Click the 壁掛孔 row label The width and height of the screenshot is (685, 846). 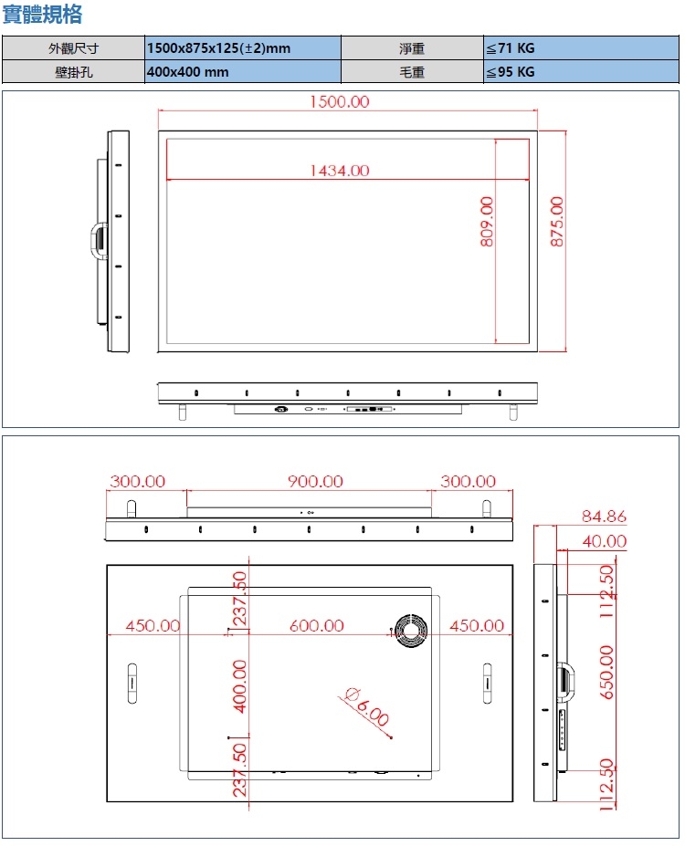click(x=73, y=72)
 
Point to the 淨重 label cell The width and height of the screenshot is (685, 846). click(x=412, y=48)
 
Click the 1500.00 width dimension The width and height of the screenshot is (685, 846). click(x=339, y=101)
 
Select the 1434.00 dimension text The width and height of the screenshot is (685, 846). click(x=339, y=170)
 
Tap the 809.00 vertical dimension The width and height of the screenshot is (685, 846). click(x=486, y=221)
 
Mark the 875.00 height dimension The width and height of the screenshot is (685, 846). click(x=557, y=221)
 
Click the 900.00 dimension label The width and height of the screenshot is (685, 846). click(x=315, y=481)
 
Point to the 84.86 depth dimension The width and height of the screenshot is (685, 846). click(x=605, y=517)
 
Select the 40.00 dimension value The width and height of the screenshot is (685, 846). click(x=605, y=541)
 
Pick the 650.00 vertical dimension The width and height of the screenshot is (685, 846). click(x=606, y=672)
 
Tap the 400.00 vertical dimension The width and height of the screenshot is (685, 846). click(x=240, y=685)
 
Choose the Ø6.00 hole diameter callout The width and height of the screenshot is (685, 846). click(x=367, y=705)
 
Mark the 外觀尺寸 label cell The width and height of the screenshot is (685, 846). click(x=73, y=48)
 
